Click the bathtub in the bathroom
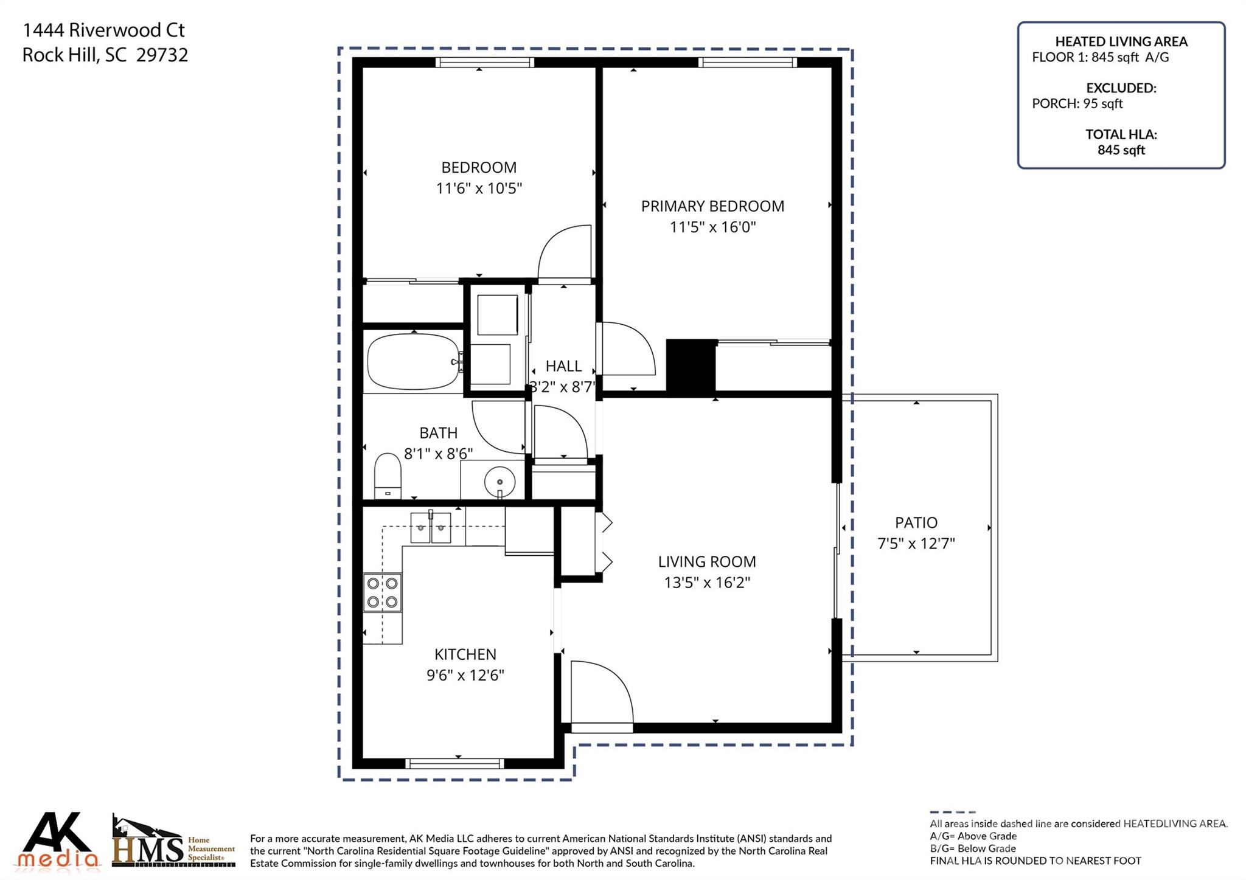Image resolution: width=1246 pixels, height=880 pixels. [414, 361]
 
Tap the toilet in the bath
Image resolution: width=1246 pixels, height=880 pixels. [388, 476]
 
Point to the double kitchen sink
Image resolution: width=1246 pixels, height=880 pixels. [430, 527]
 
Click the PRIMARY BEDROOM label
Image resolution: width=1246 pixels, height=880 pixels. [712, 206]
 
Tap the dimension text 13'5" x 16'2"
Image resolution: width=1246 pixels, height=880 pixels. [706, 583]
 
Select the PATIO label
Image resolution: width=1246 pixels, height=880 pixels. [916, 522]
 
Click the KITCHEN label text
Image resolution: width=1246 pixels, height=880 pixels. [465, 654]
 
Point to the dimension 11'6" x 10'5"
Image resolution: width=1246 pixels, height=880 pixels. [479, 189]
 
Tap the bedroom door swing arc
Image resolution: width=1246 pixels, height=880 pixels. [565, 252]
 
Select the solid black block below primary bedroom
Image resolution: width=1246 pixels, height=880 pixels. [691, 367]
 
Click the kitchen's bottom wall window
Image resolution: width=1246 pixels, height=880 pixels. [454, 763]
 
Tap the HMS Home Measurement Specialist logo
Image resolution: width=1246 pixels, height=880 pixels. [173, 844]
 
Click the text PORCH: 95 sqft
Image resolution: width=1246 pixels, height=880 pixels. [1077, 104]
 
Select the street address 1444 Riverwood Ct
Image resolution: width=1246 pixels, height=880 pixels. [103, 30]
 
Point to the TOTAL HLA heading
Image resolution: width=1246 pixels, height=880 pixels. [1121, 134]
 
